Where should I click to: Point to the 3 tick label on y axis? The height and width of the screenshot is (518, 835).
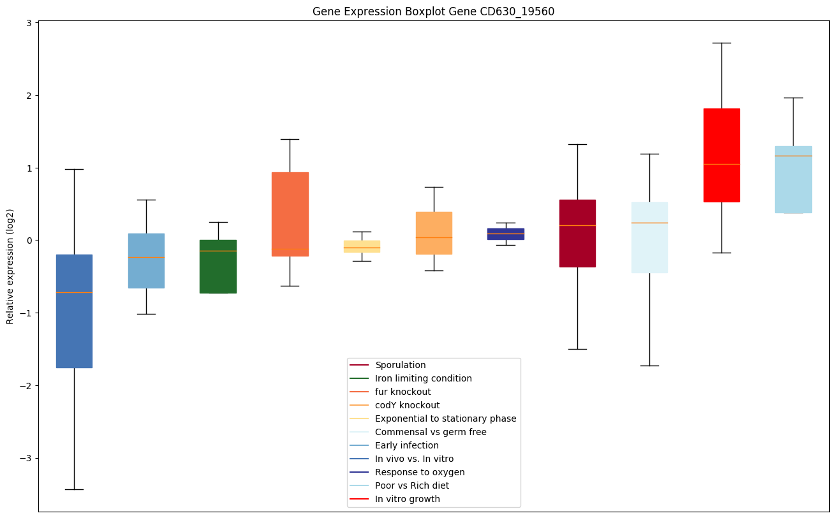click(x=29, y=24)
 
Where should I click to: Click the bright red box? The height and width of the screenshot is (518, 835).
click(x=721, y=155)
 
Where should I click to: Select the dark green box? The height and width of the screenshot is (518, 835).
click(x=218, y=267)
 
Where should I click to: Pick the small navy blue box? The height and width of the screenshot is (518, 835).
click(x=506, y=234)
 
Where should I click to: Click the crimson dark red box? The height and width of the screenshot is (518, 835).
click(x=577, y=233)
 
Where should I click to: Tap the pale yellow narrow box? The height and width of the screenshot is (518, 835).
click(x=362, y=246)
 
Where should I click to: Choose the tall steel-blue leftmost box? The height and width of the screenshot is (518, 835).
click(x=74, y=311)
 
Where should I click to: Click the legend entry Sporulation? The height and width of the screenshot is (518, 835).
click(x=400, y=365)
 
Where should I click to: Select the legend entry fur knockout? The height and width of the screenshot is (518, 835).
click(x=403, y=392)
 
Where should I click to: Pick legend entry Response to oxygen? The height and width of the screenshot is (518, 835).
click(x=419, y=472)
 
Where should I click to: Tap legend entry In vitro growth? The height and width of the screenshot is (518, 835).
click(x=407, y=499)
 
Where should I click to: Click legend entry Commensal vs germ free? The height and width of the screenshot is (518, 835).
click(x=430, y=432)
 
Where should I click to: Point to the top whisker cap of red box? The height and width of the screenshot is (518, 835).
click(x=721, y=43)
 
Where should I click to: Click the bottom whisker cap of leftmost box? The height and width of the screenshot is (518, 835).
click(x=74, y=489)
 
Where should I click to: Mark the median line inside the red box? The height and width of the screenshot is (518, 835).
click(x=721, y=164)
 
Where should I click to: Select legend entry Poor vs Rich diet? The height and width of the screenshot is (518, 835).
click(x=411, y=485)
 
